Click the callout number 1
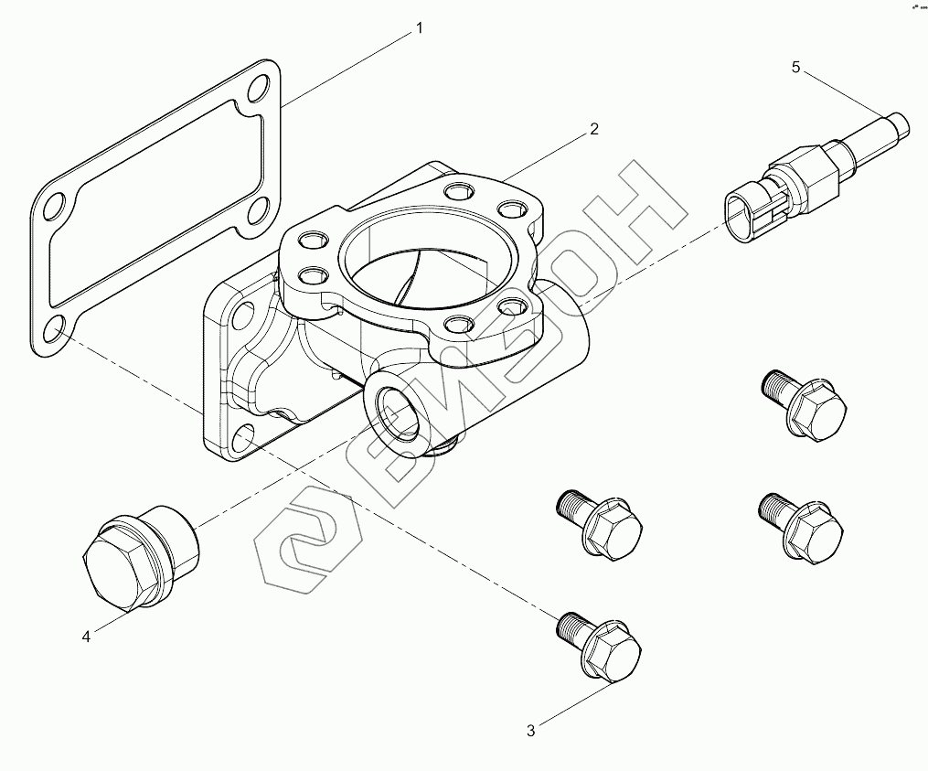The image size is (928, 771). coord(420,28)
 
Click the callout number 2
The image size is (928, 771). coord(593,129)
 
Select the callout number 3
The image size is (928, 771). coord(530,730)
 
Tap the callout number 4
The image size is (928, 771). coord(87,637)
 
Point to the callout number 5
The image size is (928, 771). coord(795,67)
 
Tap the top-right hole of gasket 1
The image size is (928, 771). coord(259,91)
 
